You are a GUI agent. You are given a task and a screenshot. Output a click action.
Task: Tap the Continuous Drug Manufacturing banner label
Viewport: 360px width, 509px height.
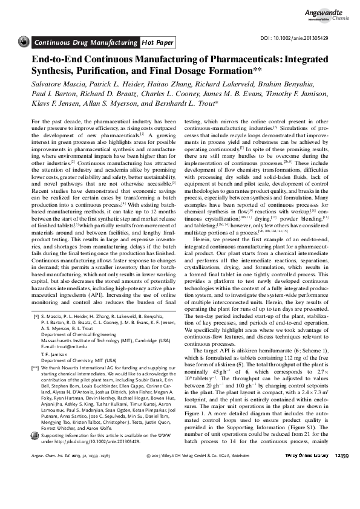pos(85,42)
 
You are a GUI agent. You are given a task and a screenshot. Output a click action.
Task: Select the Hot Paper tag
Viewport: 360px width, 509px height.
pos(157,42)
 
